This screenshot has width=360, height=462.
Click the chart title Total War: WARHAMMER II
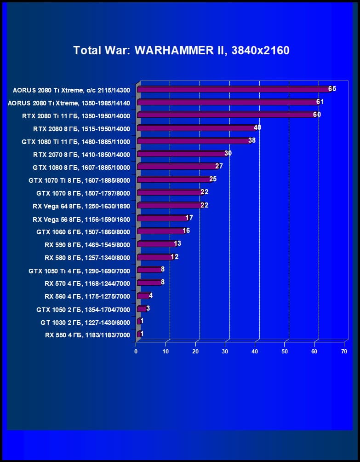click(181, 50)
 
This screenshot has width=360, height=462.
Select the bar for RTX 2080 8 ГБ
click(196, 128)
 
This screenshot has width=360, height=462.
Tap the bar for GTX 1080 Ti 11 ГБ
click(194, 141)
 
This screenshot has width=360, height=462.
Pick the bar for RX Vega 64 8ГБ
click(169, 205)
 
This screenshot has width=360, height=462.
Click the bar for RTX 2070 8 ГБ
click(181, 154)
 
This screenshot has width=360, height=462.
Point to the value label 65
click(332, 89)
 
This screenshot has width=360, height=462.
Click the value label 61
click(320, 102)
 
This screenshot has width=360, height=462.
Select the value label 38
click(252, 140)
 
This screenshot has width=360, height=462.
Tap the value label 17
click(189, 218)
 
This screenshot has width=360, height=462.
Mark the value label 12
click(175, 257)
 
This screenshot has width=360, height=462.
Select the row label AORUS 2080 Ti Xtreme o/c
click(71, 90)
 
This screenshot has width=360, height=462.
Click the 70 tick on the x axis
click(344, 352)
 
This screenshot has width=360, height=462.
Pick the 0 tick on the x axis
click(136, 352)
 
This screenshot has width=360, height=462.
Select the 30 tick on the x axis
click(225, 352)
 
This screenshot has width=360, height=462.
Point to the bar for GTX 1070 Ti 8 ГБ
click(174, 179)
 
